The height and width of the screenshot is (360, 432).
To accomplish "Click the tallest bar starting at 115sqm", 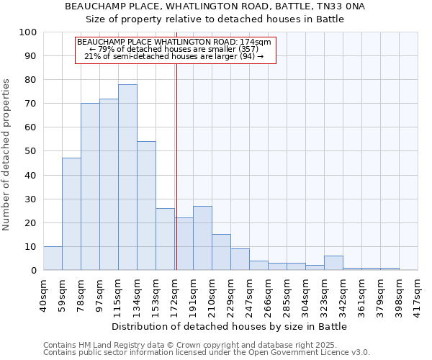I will pos(127,177).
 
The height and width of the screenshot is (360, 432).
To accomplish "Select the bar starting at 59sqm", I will pos(71,214).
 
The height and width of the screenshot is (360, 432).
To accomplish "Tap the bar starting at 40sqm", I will pos(53,258).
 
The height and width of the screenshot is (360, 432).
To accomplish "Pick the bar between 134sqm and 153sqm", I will pos(146,205).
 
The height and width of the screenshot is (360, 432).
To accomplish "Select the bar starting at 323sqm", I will pos(333,263).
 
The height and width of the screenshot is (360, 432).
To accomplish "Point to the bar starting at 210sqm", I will pos(221,252).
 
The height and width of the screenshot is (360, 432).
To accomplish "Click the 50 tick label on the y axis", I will pos(31,151).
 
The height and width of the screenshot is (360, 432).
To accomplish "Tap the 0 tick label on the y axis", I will pos(34,270).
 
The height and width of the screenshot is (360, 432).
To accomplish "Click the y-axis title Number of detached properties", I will pos(7,156).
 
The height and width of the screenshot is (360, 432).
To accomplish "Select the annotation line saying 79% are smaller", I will pos(174,49).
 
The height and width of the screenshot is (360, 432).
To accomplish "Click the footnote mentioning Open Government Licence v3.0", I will pos(206,352).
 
